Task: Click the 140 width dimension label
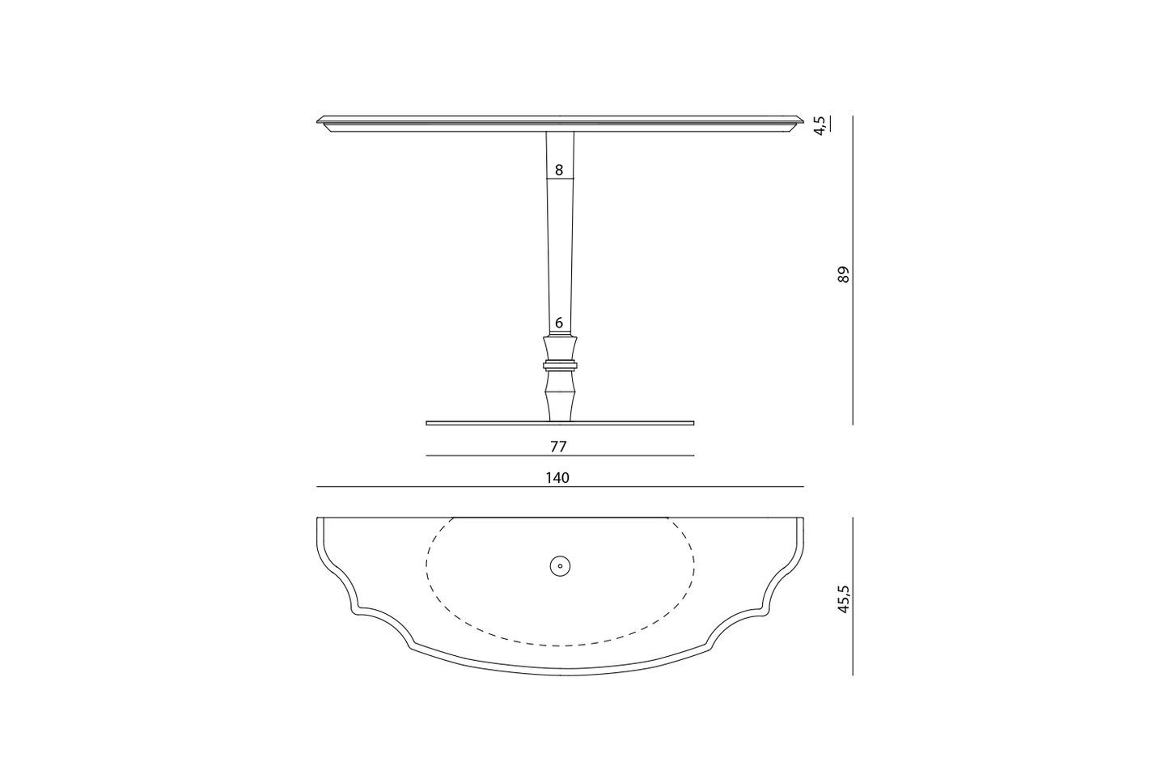pyautogui.click(x=557, y=478)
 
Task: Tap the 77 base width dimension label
pyautogui.click(x=558, y=447)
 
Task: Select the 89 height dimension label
pyautogui.click(x=844, y=274)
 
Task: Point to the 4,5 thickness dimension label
pyautogui.click(x=820, y=125)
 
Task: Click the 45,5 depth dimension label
pyautogui.click(x=844, y=599)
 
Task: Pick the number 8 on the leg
pyautogui.click(x=559, y=171)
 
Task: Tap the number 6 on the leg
pyautogui.click(x=559, y=323)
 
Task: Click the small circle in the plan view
pyautogui.click(x=560, y=566)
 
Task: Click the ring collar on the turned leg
pyautogui.click(x=560, y=365)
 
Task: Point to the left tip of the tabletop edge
pyautogui.click(x=318, y=121)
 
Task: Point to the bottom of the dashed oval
pyautogui.click(x=560, y=645)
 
